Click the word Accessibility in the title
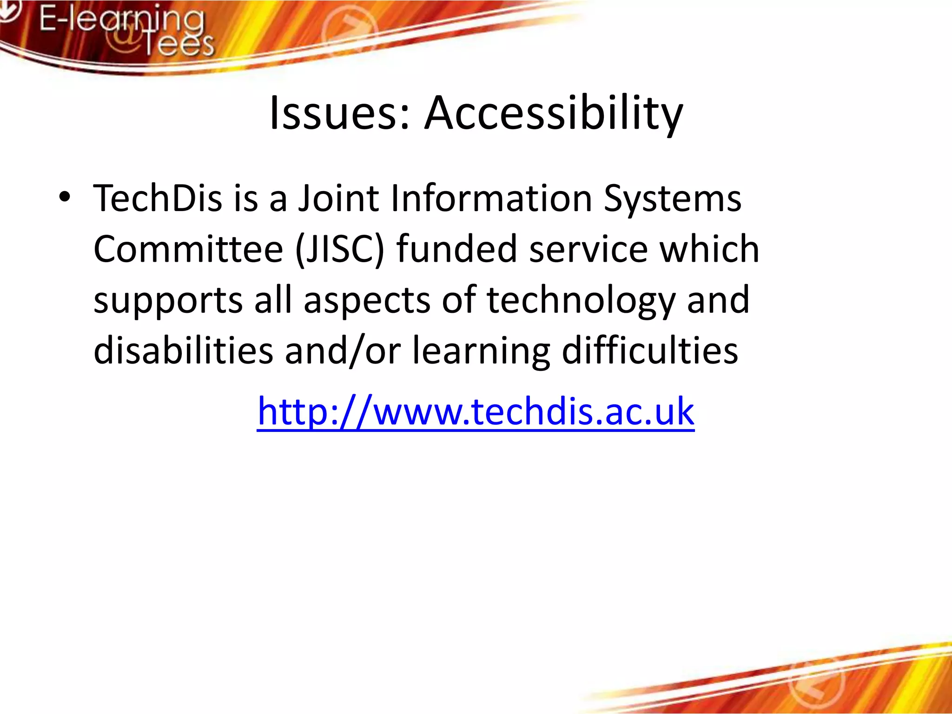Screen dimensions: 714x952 click(x=554, y=113)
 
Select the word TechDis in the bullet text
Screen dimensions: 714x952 click(x=158, y=198)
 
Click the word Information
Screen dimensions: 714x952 click(x=491, y=198)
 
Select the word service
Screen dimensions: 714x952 click(x=588, y=250)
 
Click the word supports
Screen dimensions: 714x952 click(x=168, y=301)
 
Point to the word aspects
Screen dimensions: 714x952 click(x=367, y=301)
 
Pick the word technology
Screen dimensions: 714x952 click(x=581, y=301)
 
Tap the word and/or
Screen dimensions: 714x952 click(x=343, y=351)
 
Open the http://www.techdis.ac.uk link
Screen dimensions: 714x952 click(x=476, y=411)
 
